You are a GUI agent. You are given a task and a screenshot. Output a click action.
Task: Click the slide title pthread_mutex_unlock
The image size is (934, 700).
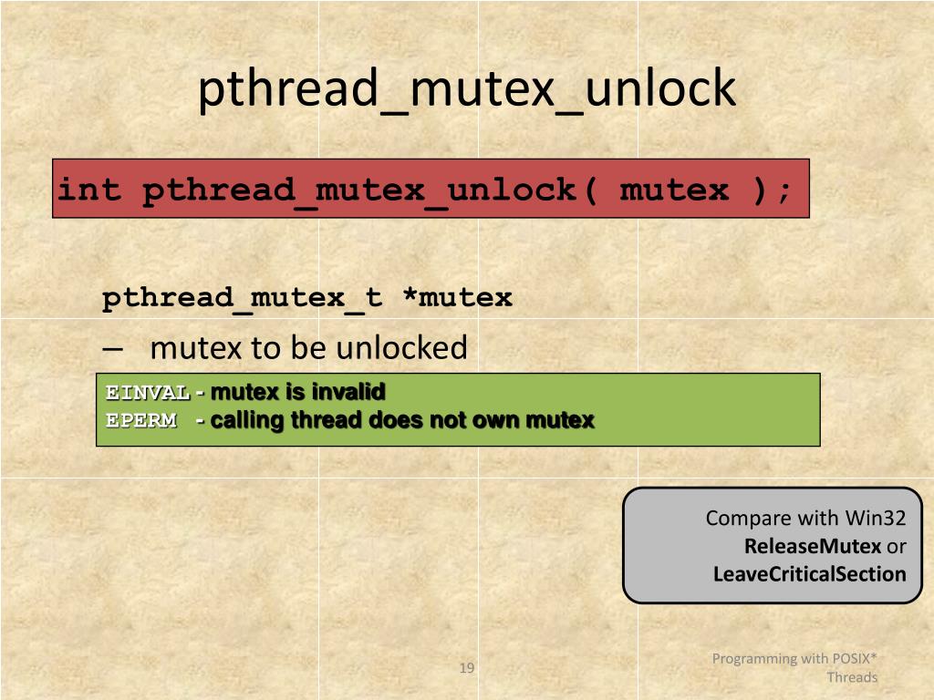466,90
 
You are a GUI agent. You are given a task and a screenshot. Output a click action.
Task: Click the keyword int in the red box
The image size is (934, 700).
88,190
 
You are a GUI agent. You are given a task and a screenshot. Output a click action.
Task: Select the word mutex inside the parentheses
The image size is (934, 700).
674,190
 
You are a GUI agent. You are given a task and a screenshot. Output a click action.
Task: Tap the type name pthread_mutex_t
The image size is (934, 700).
242,298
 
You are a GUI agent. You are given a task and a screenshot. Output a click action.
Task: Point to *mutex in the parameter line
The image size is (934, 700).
458,298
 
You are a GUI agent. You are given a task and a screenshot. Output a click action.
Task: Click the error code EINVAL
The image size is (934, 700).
148,393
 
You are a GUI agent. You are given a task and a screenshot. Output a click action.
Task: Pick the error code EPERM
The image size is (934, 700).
140,420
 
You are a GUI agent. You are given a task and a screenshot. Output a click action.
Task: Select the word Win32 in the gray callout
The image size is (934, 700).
875,518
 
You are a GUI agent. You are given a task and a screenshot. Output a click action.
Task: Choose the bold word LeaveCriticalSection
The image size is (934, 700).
809,574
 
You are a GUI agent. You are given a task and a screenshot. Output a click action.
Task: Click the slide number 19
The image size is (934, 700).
466,669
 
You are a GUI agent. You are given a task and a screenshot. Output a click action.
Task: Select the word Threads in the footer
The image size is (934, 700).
852,677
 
